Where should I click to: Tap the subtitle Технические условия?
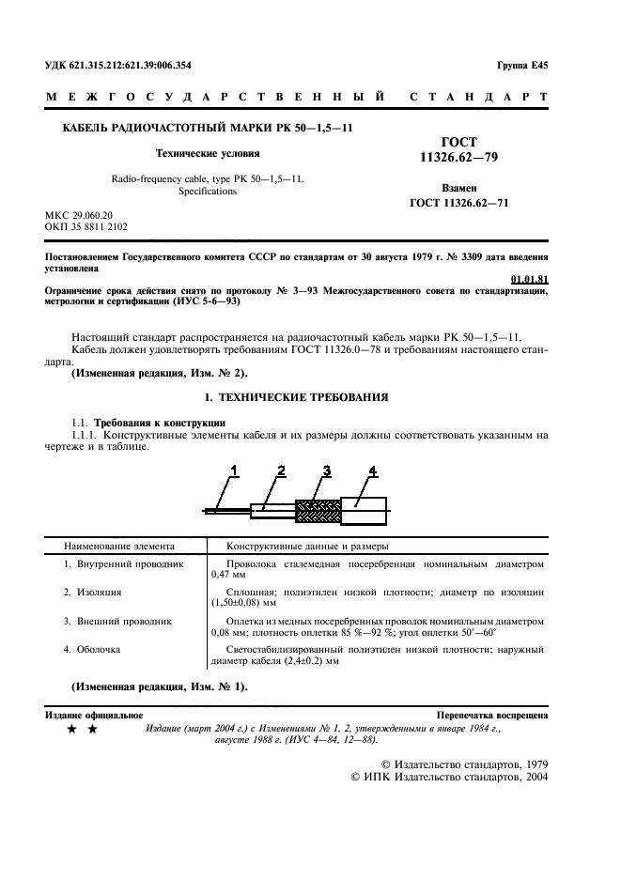coord(207,152)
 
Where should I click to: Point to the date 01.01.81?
coord(529,279)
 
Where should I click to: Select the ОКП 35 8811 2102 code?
coord(86,227)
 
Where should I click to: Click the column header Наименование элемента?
coord(118,546)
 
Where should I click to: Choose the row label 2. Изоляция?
coord(92,593)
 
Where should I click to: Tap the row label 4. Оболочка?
coord(92,649)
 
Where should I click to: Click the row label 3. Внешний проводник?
coord(117,621)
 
